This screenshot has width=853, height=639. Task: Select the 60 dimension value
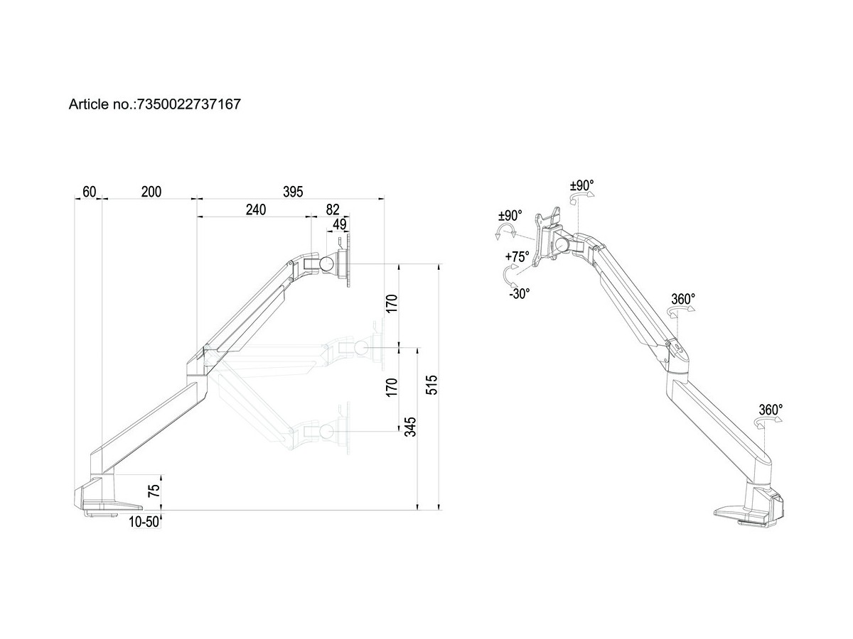point(89,191)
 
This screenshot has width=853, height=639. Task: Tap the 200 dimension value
point(151,191)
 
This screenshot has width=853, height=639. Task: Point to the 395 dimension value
point(293,191)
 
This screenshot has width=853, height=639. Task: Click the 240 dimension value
point(255,209)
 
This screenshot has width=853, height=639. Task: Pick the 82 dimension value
point(333,209)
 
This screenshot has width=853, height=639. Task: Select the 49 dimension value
point(339,224)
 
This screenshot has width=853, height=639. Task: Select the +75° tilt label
point(517,258)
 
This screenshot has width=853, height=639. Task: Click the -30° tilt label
point(519,293)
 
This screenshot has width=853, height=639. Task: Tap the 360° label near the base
point(771,410)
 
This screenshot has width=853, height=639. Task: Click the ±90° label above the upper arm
point(581,186)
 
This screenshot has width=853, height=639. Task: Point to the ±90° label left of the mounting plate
point(510,215)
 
